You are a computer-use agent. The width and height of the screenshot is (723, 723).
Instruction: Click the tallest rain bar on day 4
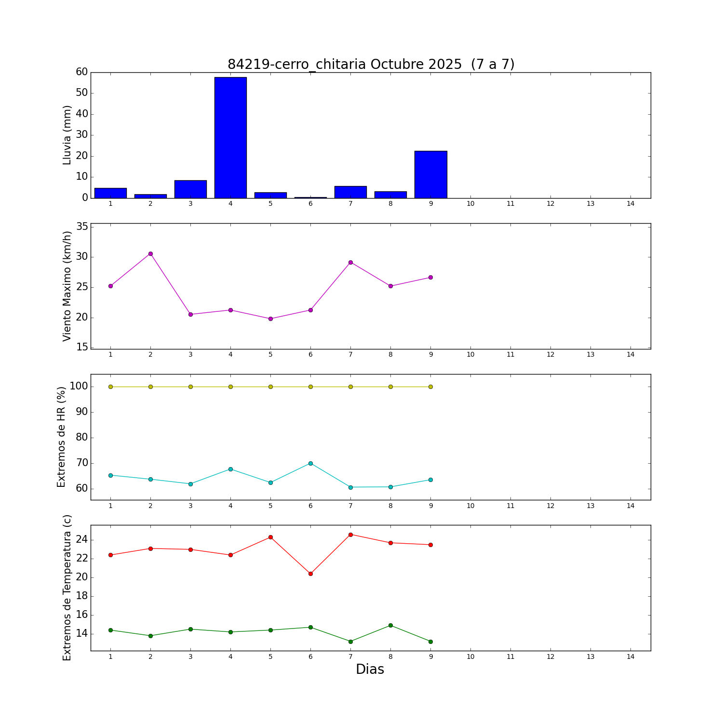(230, 137)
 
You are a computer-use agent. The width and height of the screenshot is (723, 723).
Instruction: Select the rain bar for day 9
(430, 174)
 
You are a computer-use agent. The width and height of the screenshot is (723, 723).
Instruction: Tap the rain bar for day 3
(190, 189)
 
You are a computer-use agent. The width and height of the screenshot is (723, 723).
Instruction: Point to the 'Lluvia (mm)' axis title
(67, 135)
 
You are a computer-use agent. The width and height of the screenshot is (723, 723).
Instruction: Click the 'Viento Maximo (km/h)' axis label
(67, 286)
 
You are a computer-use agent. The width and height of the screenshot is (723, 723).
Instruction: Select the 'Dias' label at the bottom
(370, 669)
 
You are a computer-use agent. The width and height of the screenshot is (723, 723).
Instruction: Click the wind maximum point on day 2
(150, 254)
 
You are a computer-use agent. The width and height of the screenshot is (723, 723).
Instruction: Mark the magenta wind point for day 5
(270, 319)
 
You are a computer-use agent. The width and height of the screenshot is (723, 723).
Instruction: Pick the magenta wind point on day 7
(350, 262)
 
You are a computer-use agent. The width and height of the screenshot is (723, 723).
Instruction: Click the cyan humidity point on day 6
(310, 463)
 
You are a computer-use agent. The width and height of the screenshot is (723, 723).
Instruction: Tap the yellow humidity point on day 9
(430, 387)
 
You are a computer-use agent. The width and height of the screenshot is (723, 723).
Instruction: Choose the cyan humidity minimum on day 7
(350, 487)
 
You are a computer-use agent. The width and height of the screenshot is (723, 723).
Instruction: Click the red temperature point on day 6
(310, 574)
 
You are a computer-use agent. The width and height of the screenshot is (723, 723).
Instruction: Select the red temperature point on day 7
(350, 535)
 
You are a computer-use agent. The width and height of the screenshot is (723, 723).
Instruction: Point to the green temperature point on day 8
(390, 625)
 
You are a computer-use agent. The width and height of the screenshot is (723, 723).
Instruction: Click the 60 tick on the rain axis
(82, 72)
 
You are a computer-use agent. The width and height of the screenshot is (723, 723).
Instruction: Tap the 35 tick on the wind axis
(82, 227)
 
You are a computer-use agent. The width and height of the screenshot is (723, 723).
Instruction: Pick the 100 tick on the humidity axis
(78, 387)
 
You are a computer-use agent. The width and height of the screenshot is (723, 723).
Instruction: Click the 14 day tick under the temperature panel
(630, 656)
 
